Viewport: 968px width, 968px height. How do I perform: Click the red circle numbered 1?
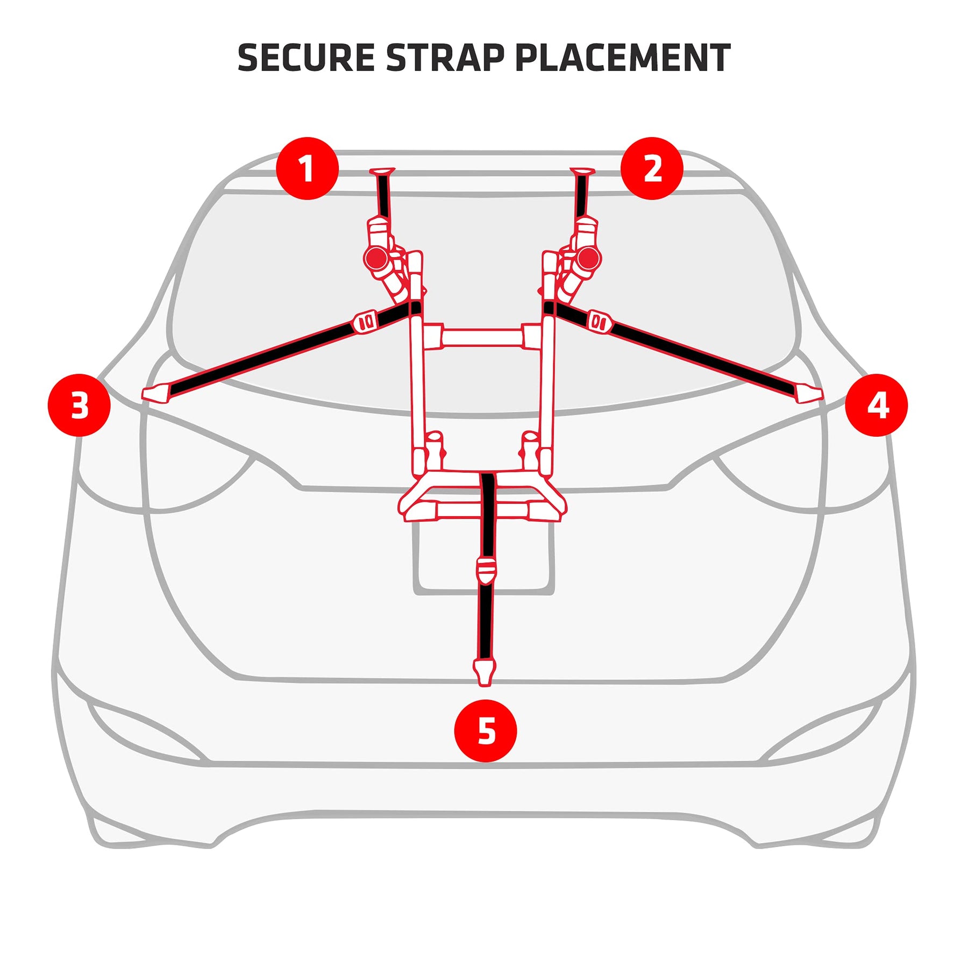pos(307,168)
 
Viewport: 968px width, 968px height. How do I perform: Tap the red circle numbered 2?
pos(652,168)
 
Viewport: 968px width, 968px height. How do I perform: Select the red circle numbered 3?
pos(79,405)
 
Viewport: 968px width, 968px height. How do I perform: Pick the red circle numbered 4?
pos(876,405)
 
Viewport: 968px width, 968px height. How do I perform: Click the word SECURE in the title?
pos(306,58)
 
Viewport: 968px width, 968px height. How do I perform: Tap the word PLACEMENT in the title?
pos(622,58)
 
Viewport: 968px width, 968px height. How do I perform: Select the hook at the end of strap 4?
pos(809,394)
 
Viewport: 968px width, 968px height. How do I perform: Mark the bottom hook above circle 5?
pos(485,672)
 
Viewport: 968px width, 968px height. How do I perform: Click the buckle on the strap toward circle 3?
pos(366,322)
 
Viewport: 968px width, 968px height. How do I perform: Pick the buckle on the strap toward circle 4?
pos(599,322)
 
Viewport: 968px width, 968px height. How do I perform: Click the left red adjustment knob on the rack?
pos(376,259)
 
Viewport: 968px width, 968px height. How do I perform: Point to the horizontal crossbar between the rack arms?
pos(482,338)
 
